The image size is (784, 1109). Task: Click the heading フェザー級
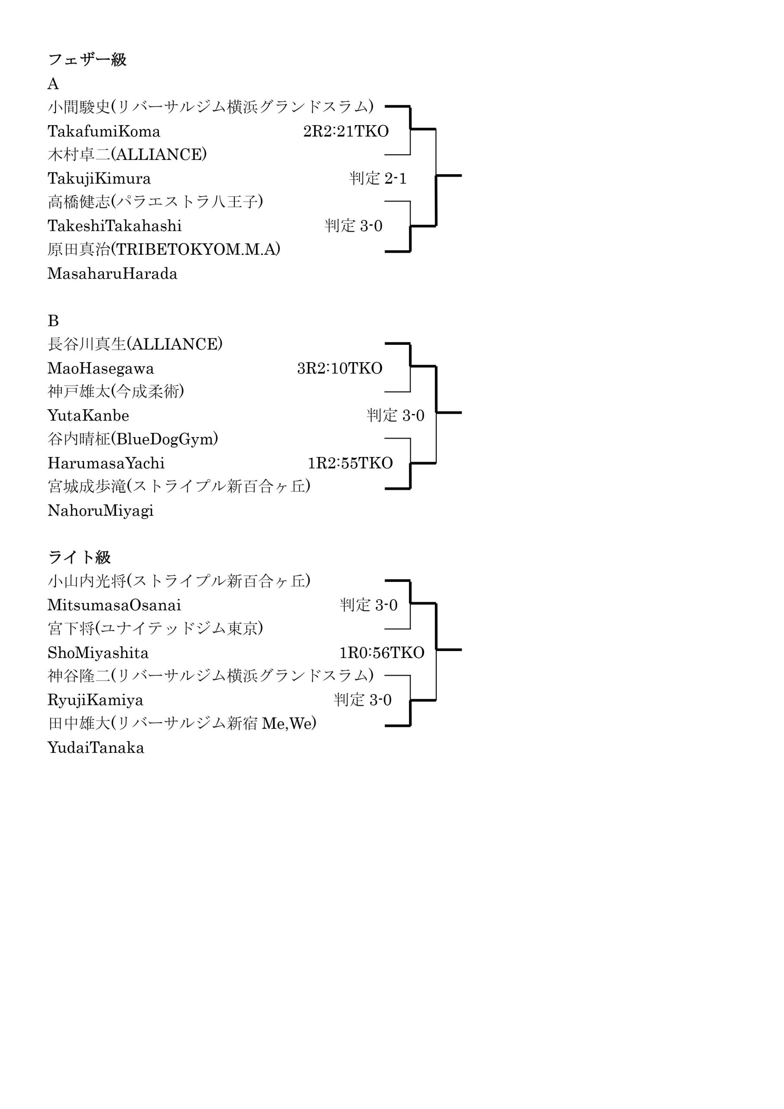(x=87, y=59)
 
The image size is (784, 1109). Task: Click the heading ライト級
(x=79, y=558)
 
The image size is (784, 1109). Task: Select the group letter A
(x=53, y=84)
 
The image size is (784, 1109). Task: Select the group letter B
(x=53, y=321)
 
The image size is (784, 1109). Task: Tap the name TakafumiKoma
(x=104, y=131)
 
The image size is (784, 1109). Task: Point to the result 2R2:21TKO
(x=346, y=131)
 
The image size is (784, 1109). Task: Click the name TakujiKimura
(x=99, y=179)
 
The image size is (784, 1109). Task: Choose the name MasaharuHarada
(x=113, y=274)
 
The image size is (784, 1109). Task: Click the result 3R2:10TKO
(x=340, y=369)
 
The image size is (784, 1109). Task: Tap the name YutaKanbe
(x=88, y=415)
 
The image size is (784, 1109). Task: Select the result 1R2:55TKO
(x=350, y=463)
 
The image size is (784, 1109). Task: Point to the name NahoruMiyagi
(x=100, y=511)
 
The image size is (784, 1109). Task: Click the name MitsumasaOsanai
(x=114, y=605)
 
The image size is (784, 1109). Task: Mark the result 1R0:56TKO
(x=382, y=653)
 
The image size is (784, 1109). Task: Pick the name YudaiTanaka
(x=96, y=748)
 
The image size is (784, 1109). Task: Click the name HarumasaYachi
(x=106, y=463)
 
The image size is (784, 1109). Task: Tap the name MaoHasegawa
(x=100, y=369)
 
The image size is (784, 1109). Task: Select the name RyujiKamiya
(x=95, y=700)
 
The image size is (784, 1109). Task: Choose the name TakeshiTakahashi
(x=114, y=226)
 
